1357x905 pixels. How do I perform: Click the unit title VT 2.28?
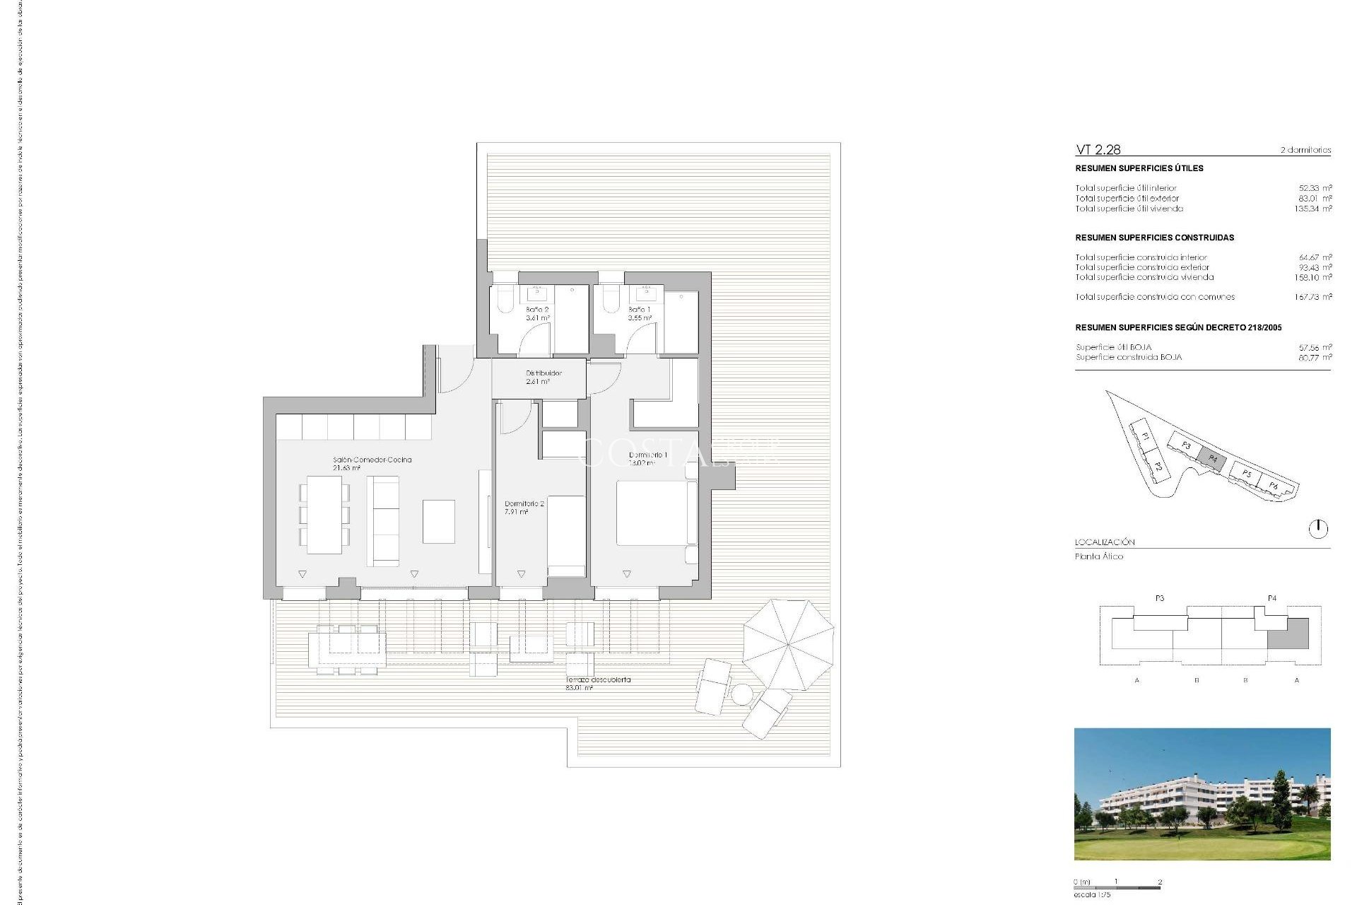(x=1098, y=149)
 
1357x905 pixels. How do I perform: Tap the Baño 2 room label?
(x=537, y=314)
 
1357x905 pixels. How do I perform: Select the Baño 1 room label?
(x=639, y=314)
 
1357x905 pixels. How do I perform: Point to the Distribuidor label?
(x=543, y=377)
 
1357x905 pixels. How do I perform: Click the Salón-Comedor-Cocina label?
(x=372, y=463)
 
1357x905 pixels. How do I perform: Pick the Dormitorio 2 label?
(x=524, y=507)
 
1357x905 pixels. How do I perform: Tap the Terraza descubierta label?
(x=597, y=683)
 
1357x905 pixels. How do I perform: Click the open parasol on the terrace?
(x=788, y=644)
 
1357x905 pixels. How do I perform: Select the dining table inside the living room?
(x=324, y=514)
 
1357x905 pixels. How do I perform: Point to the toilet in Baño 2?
(x=505, y=300)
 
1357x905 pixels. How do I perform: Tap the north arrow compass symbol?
(x=1318, y=528)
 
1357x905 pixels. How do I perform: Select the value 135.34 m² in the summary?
(x=1313, y=209)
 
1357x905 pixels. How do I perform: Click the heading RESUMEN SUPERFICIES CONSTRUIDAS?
(x=1154, y=238)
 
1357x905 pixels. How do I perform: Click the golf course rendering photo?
(x=1202, y=794)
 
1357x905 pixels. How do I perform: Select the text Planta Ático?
(x=1098, y=556)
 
